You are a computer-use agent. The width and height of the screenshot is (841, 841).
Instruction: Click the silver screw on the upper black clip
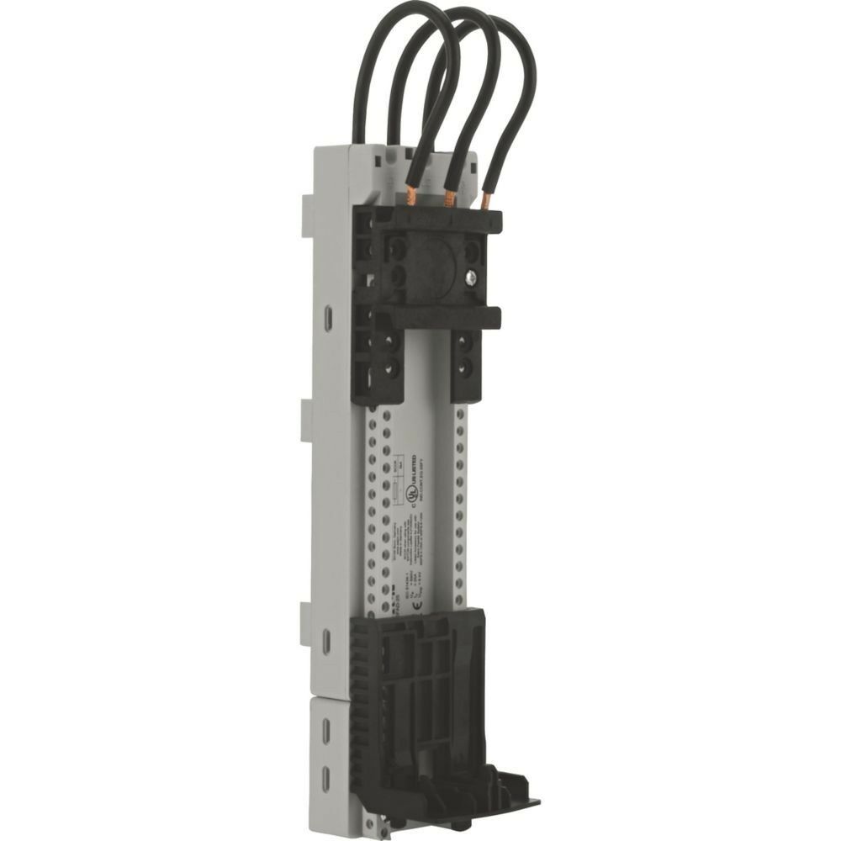(x=471, y=276)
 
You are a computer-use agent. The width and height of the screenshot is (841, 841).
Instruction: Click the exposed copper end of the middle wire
(x=450, y=198)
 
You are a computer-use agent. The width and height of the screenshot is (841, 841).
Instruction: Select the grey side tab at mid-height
(x=307, y=420)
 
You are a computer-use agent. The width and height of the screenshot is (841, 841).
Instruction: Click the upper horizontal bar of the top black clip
(x=437, y=221)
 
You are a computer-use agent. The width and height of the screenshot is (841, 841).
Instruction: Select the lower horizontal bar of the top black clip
(x=437, y=317)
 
